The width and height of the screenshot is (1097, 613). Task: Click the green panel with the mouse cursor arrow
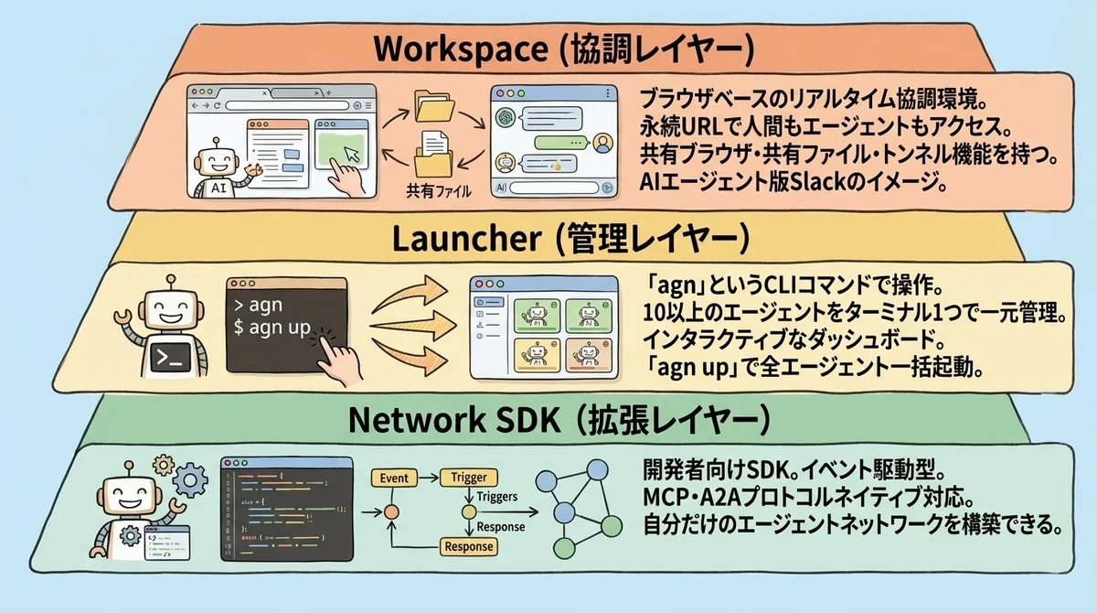(341, 146)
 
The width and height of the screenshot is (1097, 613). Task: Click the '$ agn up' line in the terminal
(275, 328)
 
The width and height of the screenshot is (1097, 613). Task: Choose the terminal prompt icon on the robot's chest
(168, 360)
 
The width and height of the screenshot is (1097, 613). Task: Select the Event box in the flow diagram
(394, 478)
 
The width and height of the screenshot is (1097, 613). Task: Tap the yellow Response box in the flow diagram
(467, 546)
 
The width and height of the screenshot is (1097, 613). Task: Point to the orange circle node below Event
(394, 511)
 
